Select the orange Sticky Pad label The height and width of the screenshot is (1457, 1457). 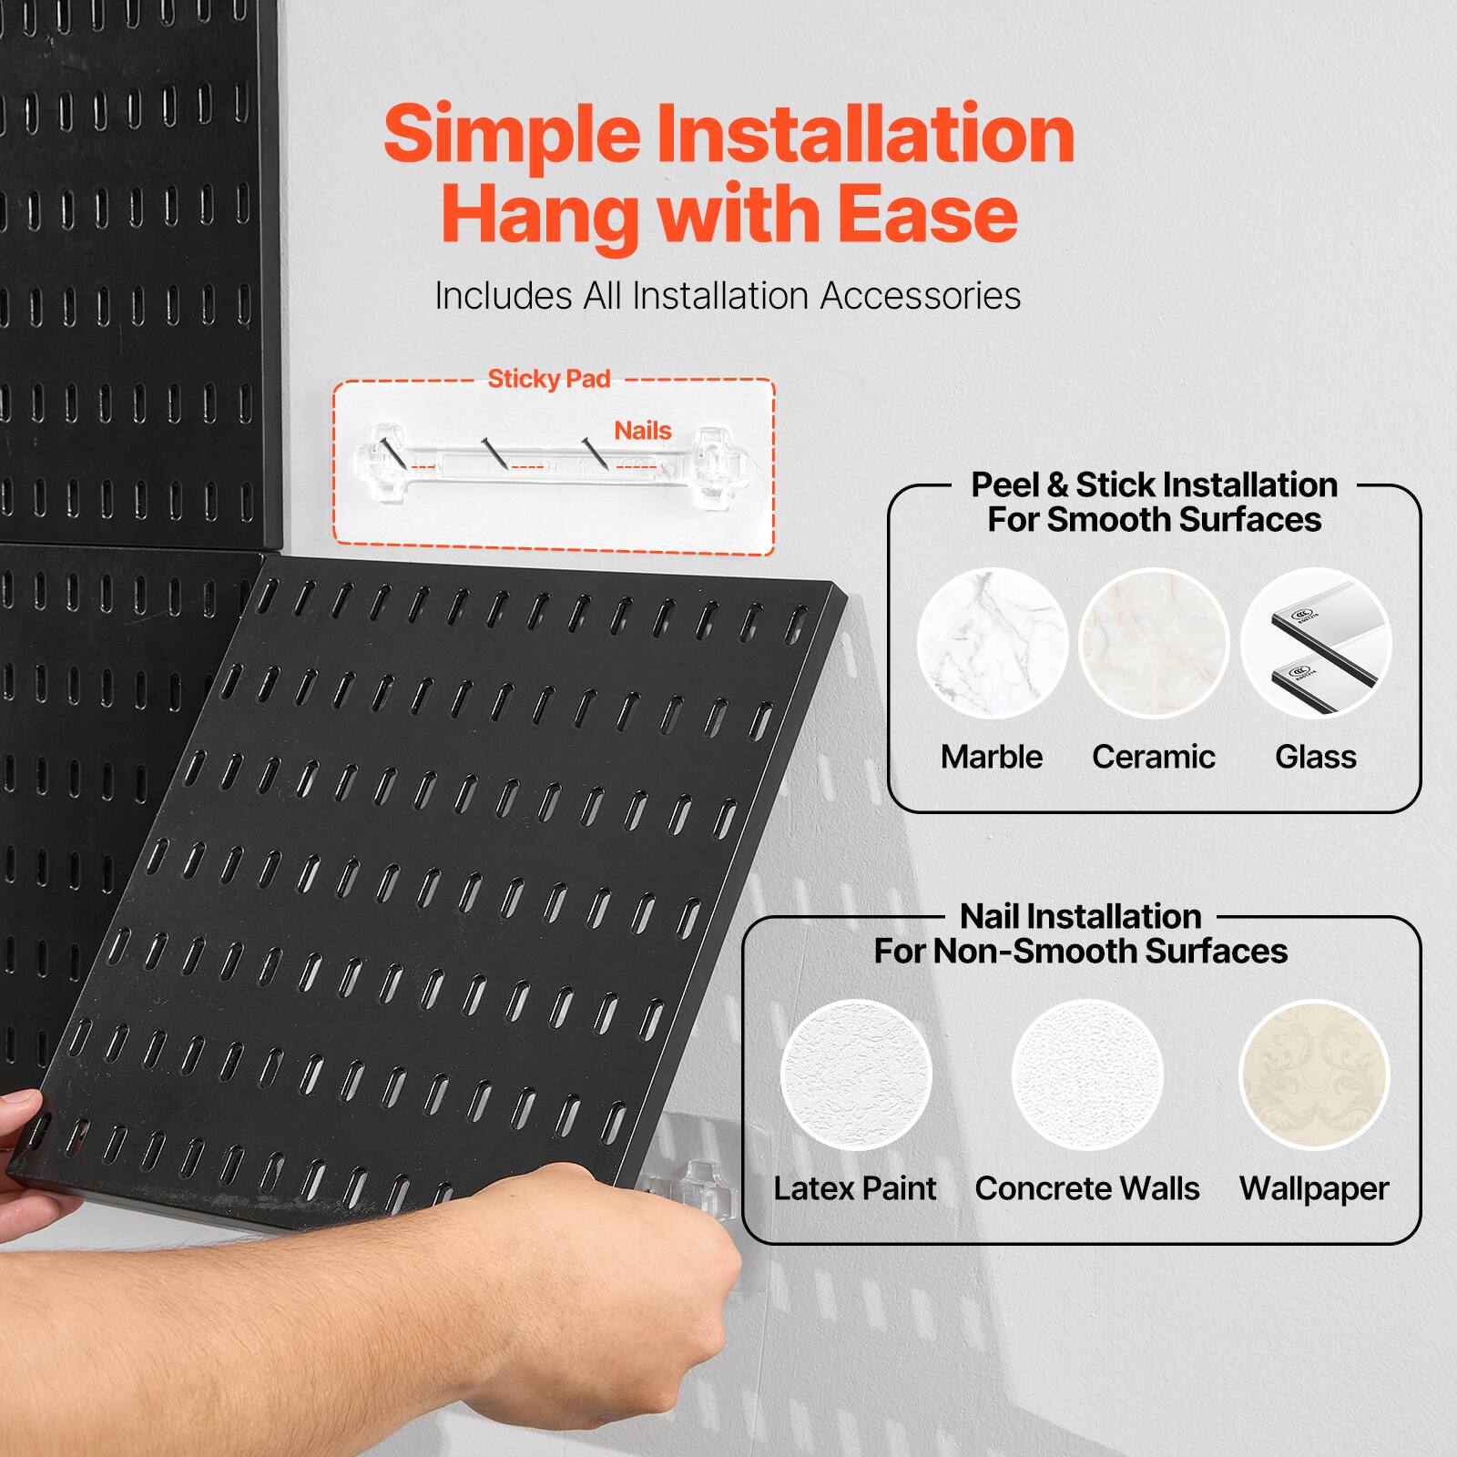(548, 379)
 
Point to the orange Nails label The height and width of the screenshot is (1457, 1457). (642, 430)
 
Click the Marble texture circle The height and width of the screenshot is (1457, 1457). (992, 643)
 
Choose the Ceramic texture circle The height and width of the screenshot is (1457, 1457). (1154, 643)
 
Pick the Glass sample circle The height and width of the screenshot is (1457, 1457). (1316, 643)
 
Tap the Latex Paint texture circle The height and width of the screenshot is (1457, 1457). (856, 1075)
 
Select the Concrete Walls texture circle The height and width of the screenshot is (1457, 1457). (1087, 1075)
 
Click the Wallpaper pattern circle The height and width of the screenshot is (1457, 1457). (1314, 1075)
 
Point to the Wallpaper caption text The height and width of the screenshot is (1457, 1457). (1314, 1188)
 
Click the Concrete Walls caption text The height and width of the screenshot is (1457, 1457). (1087, 1188)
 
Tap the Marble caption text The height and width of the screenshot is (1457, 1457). (992, 757)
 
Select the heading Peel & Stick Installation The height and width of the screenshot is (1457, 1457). (1154, 484)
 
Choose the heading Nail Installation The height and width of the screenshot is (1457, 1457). (1081, 916)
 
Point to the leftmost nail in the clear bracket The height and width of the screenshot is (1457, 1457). (391, 453)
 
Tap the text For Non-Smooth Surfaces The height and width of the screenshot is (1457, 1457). (1081, 952)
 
